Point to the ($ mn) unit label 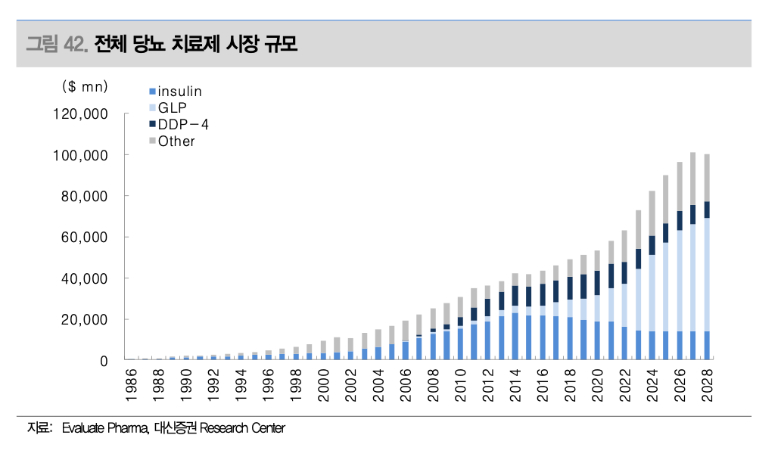pos(85,87)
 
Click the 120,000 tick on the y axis pos(81,114)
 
